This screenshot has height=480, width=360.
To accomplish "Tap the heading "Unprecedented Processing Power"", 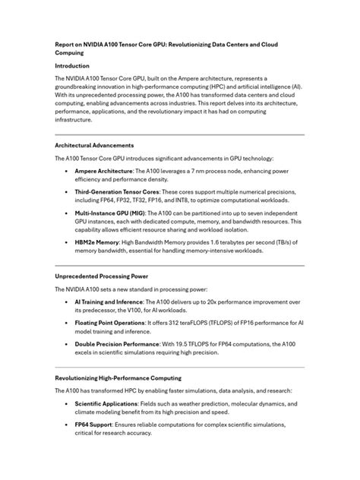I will pos(103,277).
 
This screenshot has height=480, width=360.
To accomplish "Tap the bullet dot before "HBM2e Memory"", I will pos(68,242).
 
